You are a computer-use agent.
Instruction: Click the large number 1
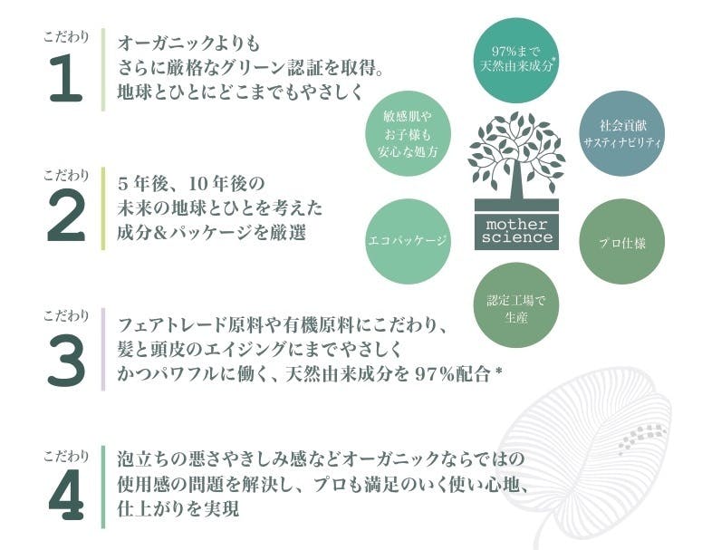[66, 77]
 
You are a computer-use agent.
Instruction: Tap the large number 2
[66, 217]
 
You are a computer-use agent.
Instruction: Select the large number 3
[66, 361]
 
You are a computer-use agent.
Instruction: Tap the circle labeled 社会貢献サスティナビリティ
[622, 133]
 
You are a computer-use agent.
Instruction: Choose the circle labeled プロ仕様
[622, 242]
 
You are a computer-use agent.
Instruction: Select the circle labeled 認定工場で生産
[516, 305]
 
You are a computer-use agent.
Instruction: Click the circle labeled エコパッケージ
[408, 242]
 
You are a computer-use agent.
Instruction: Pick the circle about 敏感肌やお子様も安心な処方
[408, 133]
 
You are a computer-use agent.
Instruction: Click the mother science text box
[516, 230]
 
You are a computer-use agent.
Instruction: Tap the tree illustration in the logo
[516, 157]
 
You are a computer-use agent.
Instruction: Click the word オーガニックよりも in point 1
[189, 43]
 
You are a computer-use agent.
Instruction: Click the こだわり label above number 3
[66, 315]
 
